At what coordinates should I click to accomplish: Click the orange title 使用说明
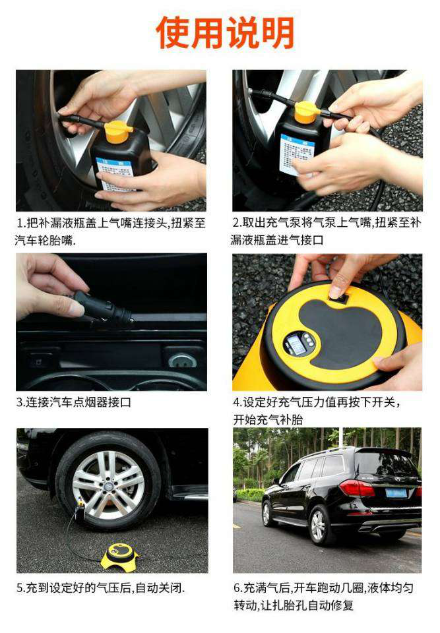pos(225,33)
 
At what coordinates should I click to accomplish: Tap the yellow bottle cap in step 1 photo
pos(117,132)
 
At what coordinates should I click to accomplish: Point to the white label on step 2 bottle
pos(296,154)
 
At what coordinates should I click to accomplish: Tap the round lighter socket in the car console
pos(182,360)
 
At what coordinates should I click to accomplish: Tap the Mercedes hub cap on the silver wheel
pos(109,485)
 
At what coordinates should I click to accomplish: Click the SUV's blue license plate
pos(396,493)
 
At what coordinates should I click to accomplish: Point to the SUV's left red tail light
pos(357,488)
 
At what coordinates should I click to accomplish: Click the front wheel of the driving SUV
pos(267,514)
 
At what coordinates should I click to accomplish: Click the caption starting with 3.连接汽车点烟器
pos(73,402)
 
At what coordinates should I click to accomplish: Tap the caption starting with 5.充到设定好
pos(100,588)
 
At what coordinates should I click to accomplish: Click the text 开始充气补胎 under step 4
pos(268,420)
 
